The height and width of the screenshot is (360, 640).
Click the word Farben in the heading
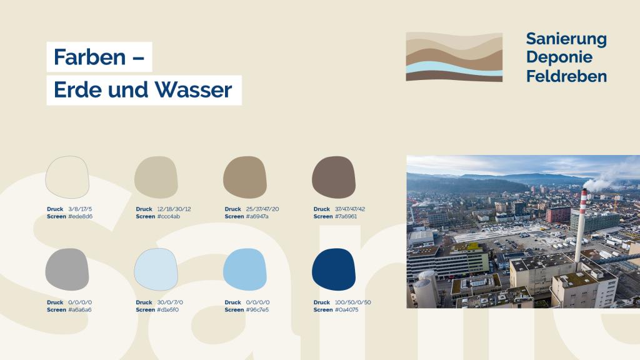tap(89, 57)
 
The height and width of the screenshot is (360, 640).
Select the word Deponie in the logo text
tap(559, 57)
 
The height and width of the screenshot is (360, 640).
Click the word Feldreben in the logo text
tap(566, 76)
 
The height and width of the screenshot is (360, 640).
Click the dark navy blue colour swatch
tap(334, 269)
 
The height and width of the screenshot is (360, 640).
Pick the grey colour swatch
tap(67, 269)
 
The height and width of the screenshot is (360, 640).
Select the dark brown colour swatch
tap(334, 177)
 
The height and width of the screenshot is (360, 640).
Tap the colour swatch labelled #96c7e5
tap(245, 269)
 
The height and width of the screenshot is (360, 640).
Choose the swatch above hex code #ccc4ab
tap(156, 177)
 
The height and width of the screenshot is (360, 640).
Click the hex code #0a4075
tap(346, 310)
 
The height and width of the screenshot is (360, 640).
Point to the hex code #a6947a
tap(257, 216)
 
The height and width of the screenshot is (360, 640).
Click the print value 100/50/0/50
tap(353, 302)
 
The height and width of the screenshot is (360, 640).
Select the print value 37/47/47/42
tap(350, 209)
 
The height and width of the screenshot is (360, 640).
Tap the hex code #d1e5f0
tap(167, 310)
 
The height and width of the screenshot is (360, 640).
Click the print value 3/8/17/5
tap(80, 209)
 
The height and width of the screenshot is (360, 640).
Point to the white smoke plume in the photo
tap(608, 179)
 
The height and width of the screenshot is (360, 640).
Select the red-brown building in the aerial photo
tap(557, 215)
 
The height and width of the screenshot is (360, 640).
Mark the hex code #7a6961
tap(346, 216)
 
